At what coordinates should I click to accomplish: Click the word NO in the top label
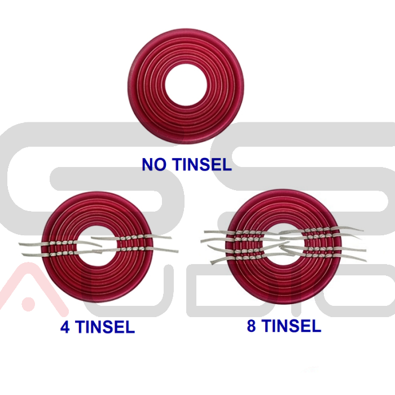pyautogui.click(x=154, y=165)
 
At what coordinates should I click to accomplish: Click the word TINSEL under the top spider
pyautogui.click(x=203, y=165)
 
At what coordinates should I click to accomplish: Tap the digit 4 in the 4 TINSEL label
pyautogui.click(x=65, y=327)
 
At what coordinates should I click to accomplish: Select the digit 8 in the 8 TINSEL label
pyautogui.click(x=251, y=326)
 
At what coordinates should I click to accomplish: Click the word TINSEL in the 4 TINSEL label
pyautogui.click(x=105, y=327)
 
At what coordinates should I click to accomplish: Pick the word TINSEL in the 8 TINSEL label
pyautogui.click(x=292, y=326)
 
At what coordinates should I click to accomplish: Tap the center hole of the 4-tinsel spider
pyautogui.click(x=97, y=247)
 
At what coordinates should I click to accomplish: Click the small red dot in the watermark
pyautogui.click(x=28, y=304)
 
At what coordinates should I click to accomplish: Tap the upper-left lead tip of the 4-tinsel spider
pyautogui.click(x=20, y=244)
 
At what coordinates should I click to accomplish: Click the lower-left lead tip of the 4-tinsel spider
pyautogui.click(x=23, y=254)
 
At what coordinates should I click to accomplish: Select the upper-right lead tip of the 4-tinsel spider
pyautogui.click(x=171, y=237)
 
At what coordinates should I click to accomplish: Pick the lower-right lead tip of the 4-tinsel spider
pyautogui.click(x=178, y=251)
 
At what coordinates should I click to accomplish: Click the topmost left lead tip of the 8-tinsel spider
pyautogui.click(x=205, y=231)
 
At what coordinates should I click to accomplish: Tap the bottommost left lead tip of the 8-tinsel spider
pyautogui.click(x=212, y=262)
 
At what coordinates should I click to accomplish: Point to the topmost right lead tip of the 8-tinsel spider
pyautogui.click(x=363, y=230)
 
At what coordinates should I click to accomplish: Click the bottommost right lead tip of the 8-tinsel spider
pyautogui.click(x=366, y=261)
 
